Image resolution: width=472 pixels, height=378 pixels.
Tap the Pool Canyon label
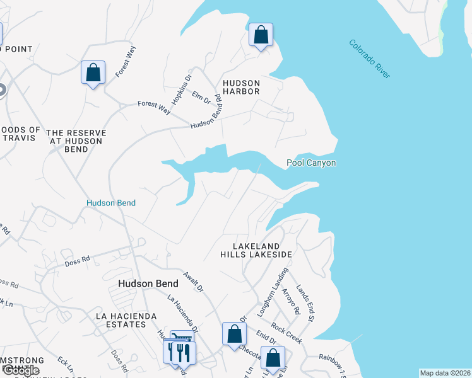311,163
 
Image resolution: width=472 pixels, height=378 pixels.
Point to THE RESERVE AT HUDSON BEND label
76,141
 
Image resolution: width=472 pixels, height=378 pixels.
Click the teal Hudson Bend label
111,203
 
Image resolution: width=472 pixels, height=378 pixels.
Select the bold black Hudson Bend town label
148,284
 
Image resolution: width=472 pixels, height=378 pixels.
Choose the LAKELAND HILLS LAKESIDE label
256,250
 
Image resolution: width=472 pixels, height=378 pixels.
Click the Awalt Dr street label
193,281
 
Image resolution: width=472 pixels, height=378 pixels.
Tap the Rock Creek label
286,333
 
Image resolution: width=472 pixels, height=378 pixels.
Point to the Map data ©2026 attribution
445,373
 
